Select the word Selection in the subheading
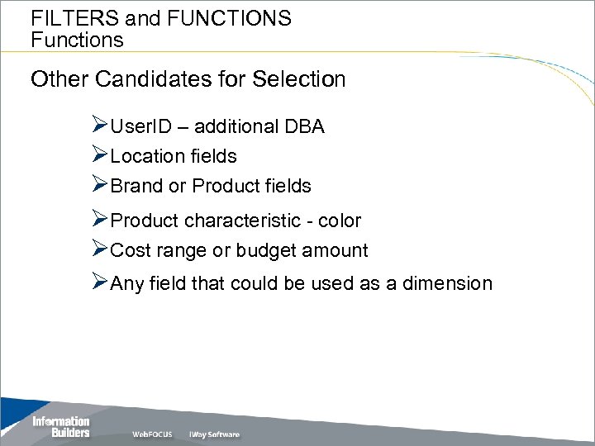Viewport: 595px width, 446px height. [x=298, y=79]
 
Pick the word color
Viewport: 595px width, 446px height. [x=340, y=221]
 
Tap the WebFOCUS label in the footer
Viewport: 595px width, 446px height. [x=153, y=434]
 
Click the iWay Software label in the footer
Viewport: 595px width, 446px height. [x=214, y=434]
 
